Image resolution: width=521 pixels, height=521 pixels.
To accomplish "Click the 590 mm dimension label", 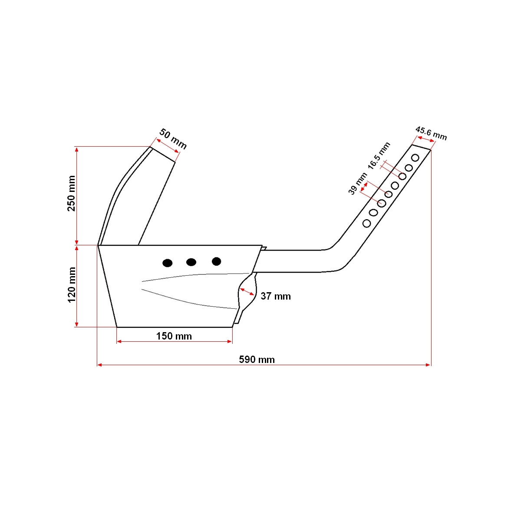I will click(x=257, y=359).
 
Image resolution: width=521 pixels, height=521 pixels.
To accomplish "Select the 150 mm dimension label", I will click(x=174, y=336).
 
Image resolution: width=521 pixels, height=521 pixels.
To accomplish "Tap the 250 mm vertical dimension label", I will click(x=71, y=193).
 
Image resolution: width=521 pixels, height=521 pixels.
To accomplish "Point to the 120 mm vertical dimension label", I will click(x=72, y=285).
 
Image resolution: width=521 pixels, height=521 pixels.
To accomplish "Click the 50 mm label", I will click(x=173, y=138).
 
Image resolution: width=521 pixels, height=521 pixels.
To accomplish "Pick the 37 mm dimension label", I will click(x=276, y=296).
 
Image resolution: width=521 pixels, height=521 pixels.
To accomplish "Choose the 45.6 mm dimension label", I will click(x=431, y=133).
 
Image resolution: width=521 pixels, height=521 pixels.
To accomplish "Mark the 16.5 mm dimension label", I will click(x=379, y=155).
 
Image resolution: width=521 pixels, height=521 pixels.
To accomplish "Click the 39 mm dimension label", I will click(x=357, y=184).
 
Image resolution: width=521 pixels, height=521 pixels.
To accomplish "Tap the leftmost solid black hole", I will click(x=167, y=263).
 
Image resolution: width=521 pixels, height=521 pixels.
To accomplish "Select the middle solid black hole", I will click(x=191, y=262).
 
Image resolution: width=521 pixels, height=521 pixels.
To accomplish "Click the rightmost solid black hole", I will click(x=216, y=261).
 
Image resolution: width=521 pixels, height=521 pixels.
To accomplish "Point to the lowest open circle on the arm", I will click(x=366, y=223).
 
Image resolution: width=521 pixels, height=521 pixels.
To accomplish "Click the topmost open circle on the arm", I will click(x=415, y=158).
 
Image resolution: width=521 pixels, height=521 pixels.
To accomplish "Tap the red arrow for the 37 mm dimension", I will click(x=247, y=291).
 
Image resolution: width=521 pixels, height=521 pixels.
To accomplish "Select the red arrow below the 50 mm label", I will click(x=167, y=145).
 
